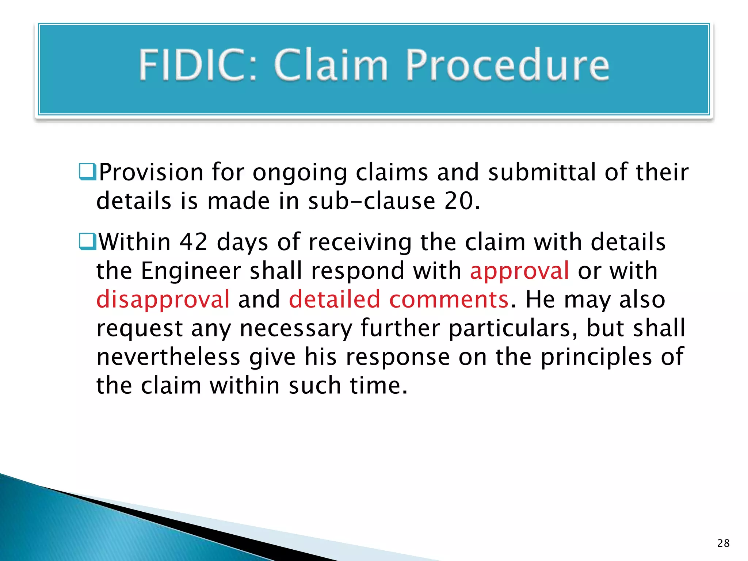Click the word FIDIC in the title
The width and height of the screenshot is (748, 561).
[x=197, y=65]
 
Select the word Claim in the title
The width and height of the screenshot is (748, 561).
[x=330, y=65]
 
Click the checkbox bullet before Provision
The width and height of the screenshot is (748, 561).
[x=88, y=172]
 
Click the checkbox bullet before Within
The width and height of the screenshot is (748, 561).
[x=88, y=242]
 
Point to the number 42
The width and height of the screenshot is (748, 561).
[x=193, y=242]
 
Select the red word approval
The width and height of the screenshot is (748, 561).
[x=519, y=271]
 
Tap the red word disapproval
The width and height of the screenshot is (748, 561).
[x=163, y=299]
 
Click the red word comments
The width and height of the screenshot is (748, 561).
[x=449, y=299]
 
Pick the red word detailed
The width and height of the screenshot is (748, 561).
[x=335, y=299]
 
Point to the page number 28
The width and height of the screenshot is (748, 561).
[x=723, y=543]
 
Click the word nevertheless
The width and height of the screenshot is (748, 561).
[x=168, y=357]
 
